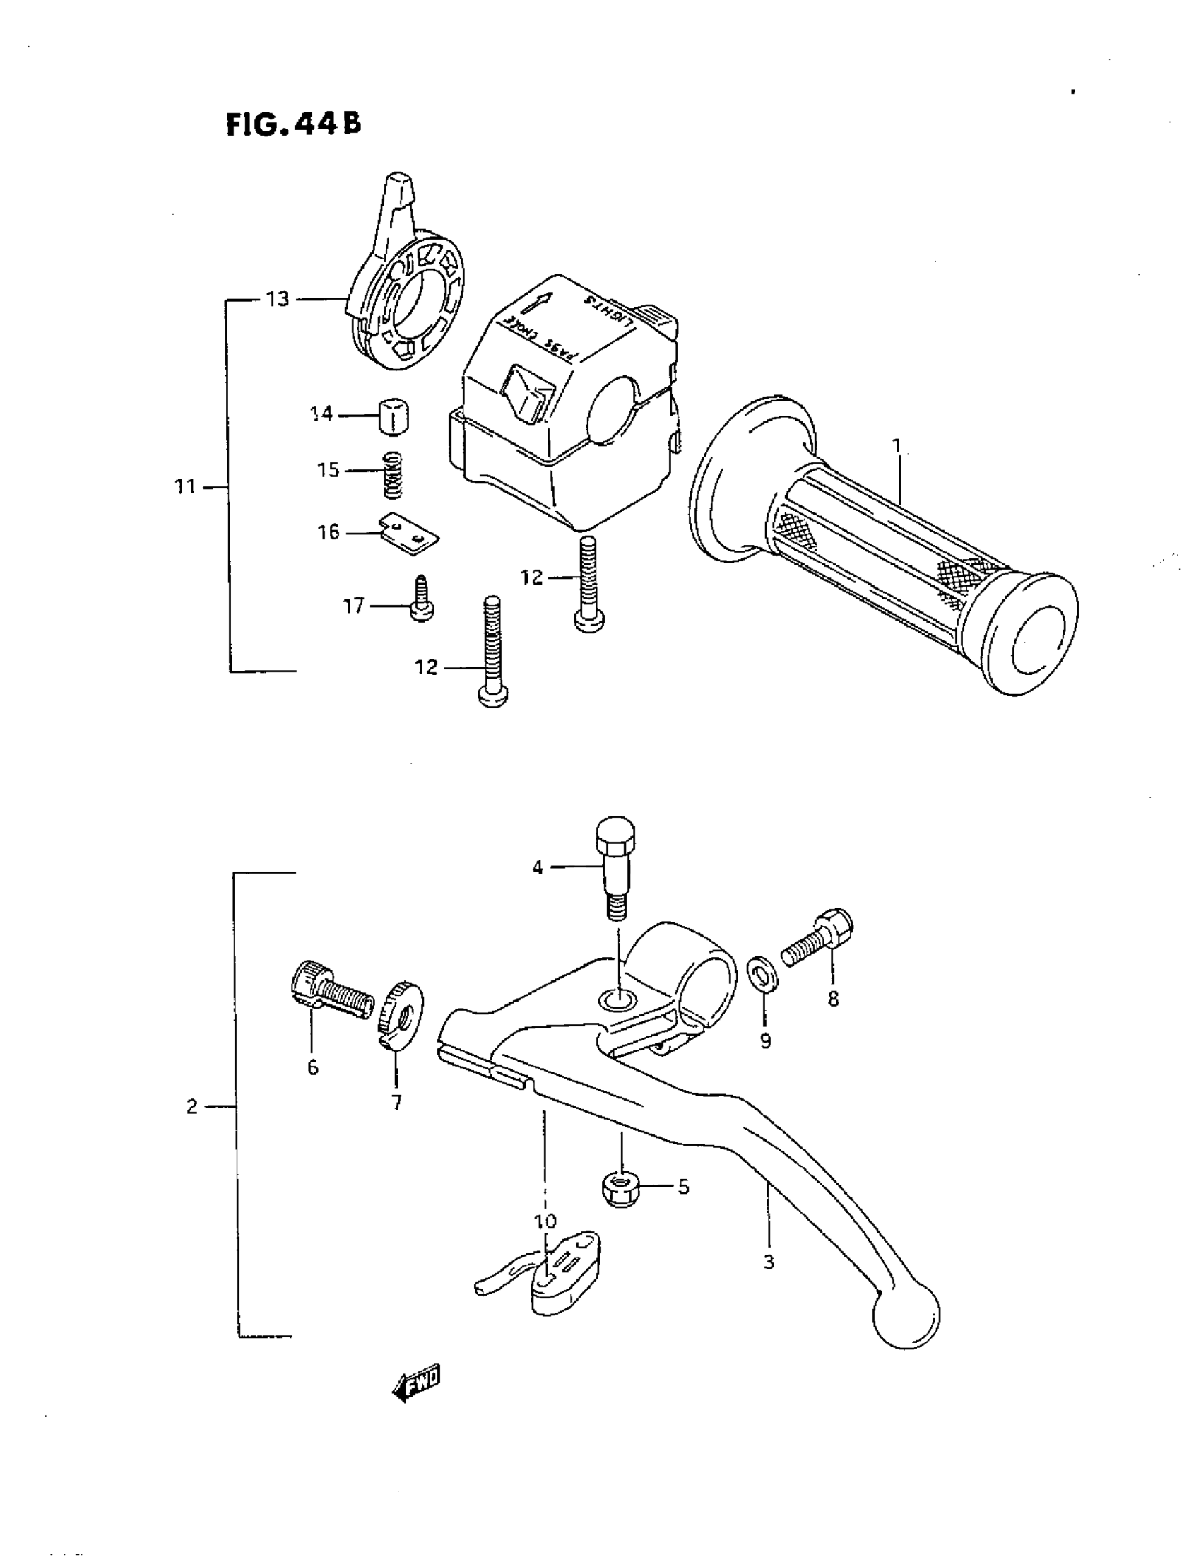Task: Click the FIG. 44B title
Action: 293,124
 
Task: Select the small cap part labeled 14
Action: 394,416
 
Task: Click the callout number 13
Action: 277,299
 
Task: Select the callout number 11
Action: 185,487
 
